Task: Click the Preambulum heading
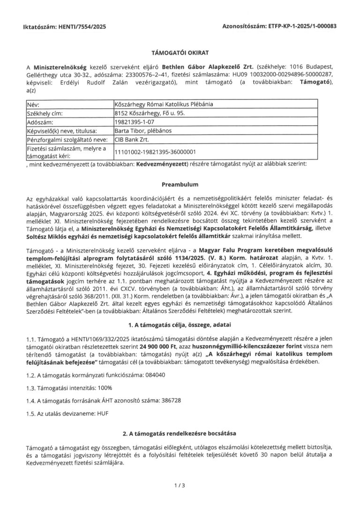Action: click(x=180, y=185)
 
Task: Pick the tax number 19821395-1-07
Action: click(x=133, y=122)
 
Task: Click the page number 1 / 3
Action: click(x=180, y=485)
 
